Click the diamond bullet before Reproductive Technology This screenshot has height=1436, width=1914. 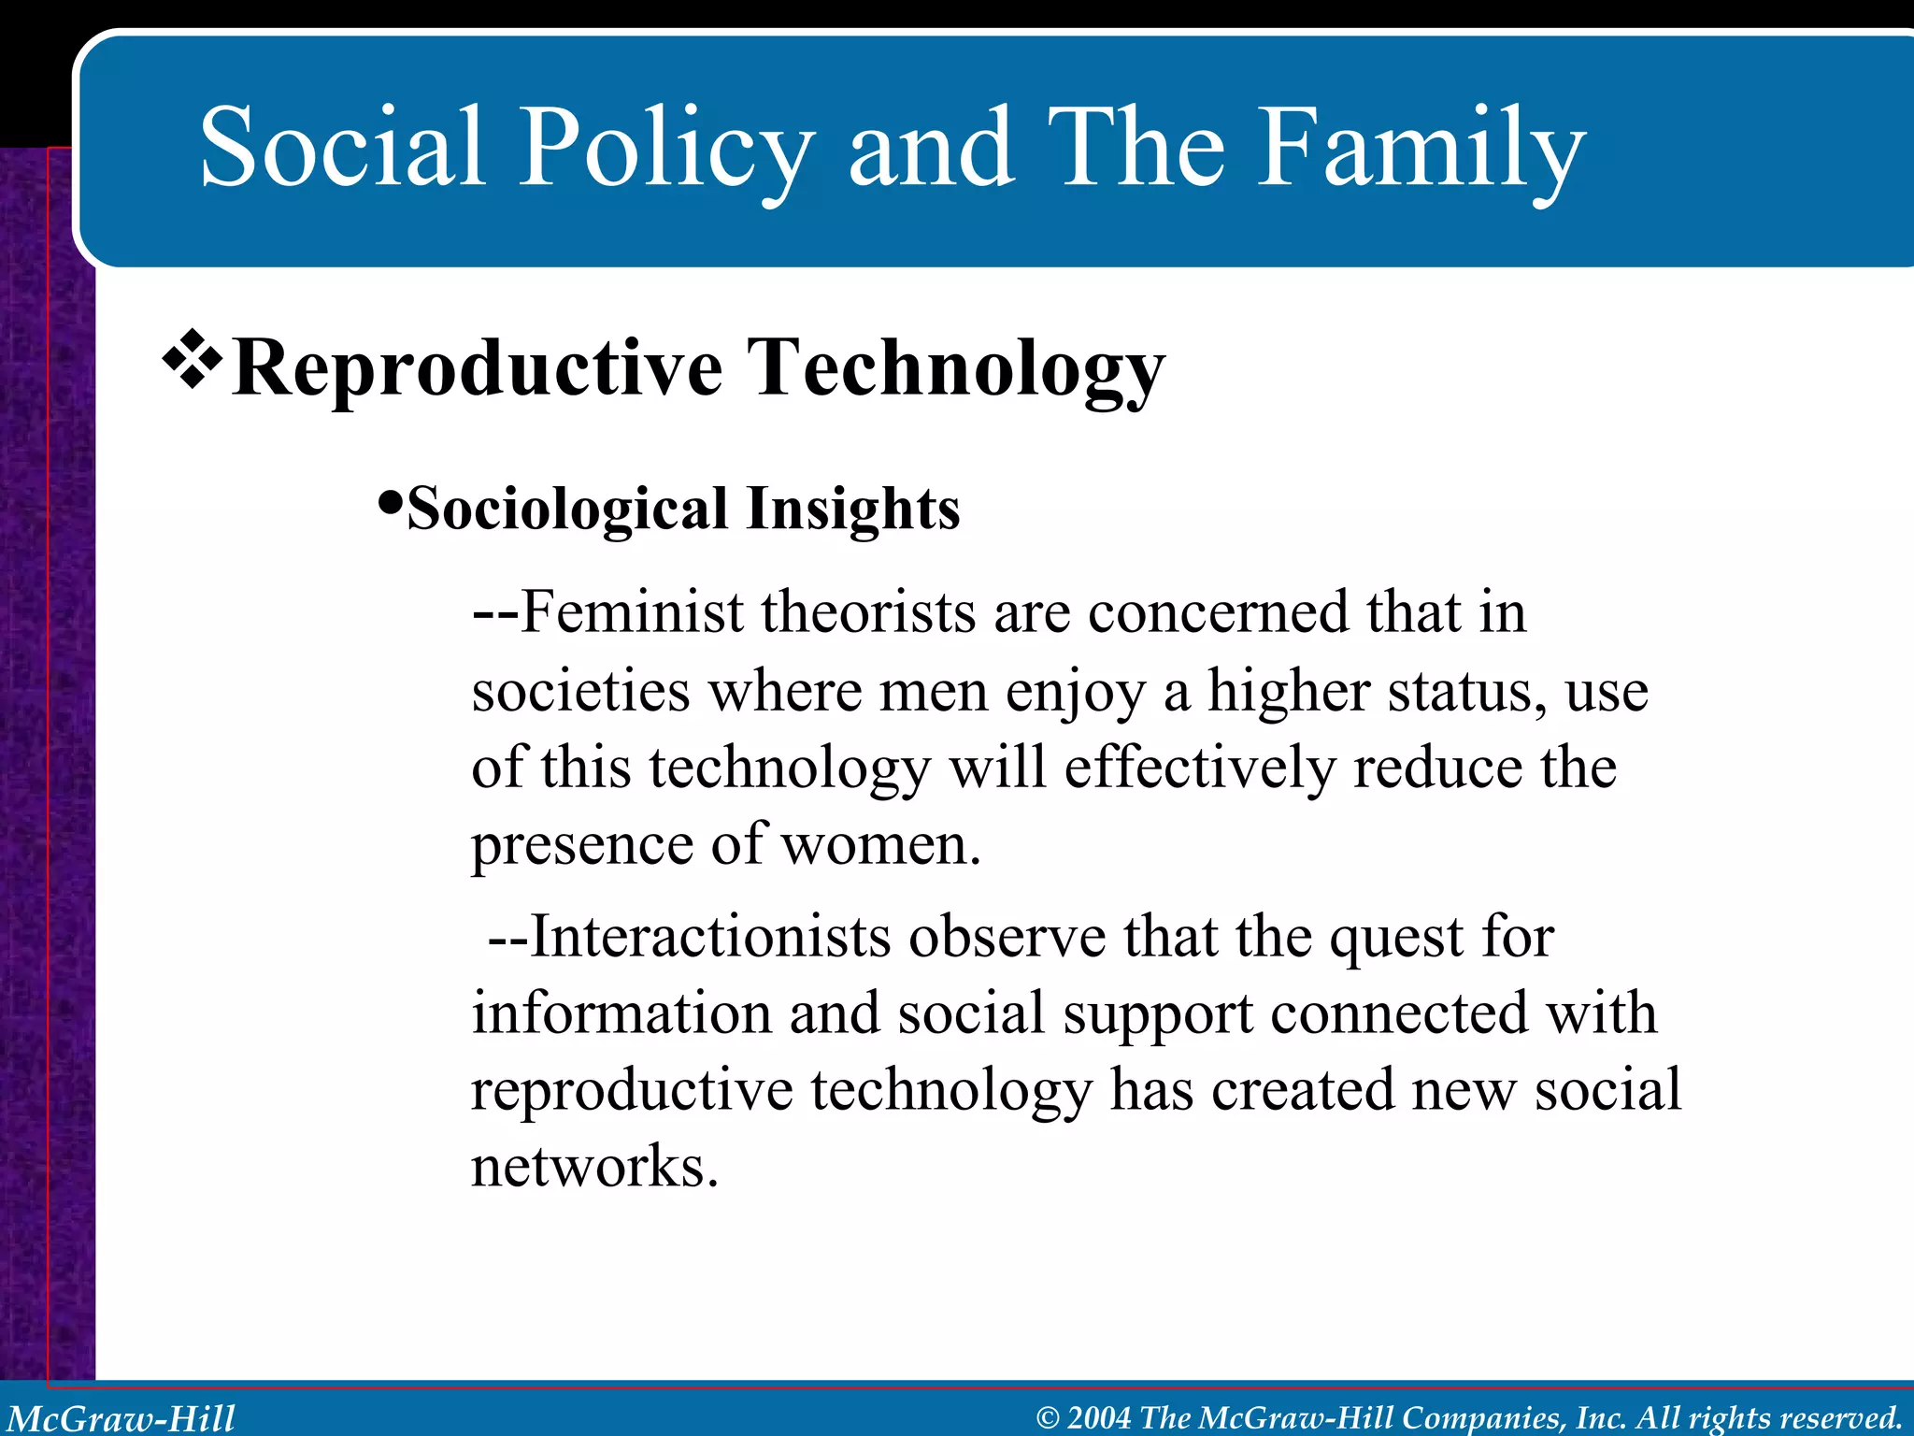click(193, 359)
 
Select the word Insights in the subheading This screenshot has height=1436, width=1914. click(852, 510)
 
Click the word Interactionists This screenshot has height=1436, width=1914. click(710, 937)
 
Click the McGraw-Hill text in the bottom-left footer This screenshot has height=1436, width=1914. click(121, 1418)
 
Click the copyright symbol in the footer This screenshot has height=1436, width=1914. click(1048, 1418)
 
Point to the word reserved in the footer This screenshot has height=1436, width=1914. click(1842, 1418)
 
